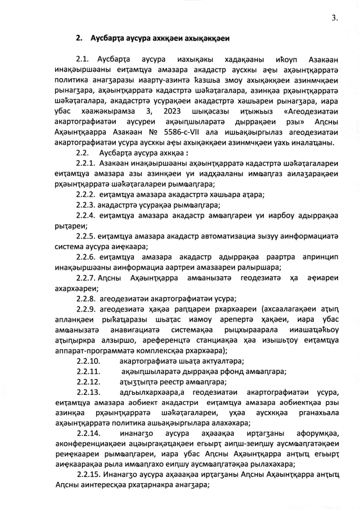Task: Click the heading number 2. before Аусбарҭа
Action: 79,38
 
